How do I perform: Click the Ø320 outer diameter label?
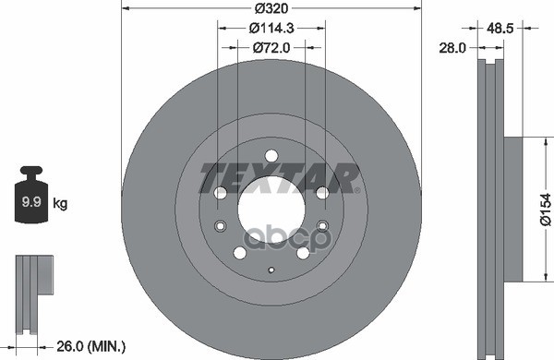(271, 8)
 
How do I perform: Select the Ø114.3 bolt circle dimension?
(271, 27)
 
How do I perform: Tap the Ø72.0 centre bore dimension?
(271, 45)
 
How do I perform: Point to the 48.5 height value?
(501, 28)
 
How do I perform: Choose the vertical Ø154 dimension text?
(545, 209)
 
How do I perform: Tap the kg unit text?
(60, 201)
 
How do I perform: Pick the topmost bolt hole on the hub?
(271, 155)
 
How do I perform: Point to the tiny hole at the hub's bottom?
(271, 270)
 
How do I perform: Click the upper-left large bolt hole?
(221, 193)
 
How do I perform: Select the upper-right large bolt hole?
(321, 193)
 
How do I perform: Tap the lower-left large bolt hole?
(239, 252)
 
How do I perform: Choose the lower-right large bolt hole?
(302, 252)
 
